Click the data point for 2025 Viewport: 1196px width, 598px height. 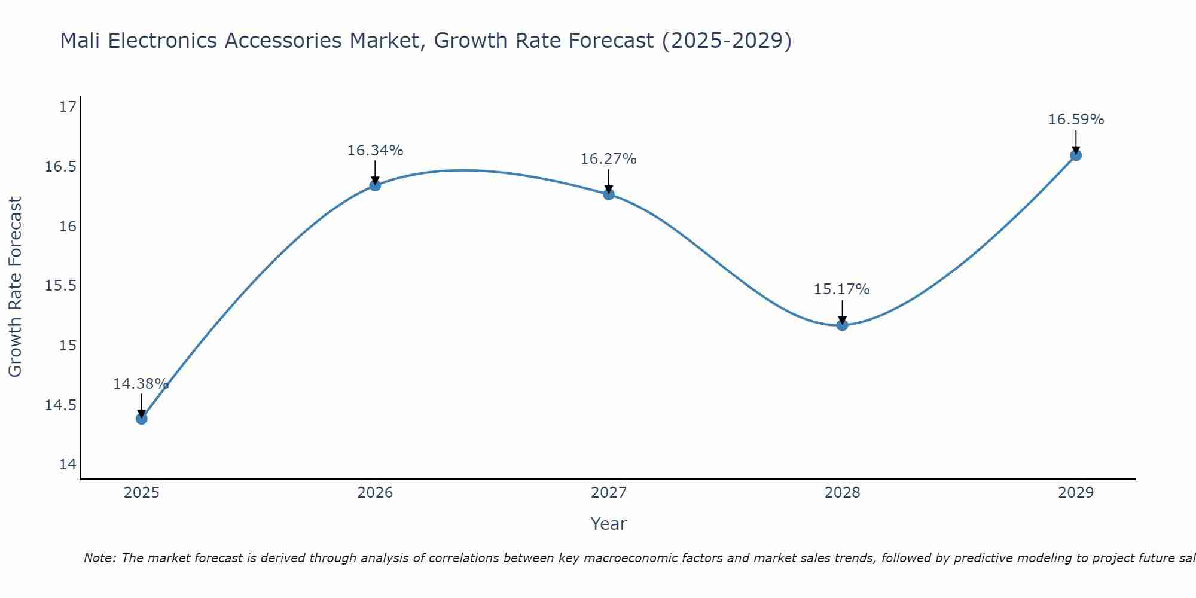pyautogui.click(x=142, y=419)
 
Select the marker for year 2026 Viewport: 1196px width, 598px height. pyautogui.click(x=375, y=185)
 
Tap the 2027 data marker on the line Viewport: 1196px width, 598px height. pyautogui.click(x=609, y=194)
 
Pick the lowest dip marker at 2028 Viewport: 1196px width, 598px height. pyautogui.click(x=842, y=325)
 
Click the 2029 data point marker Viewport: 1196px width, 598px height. pyautogui.click(x=1076, y=155)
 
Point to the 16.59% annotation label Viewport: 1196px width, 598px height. pyautogui.click(x=1076, y=120)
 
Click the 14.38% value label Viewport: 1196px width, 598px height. pyautogui.click(x=141, y=384)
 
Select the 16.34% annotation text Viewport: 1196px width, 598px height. pyautogui.click(x=375, y=151)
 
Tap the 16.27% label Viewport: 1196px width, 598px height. pyautogui.click(x=608, y=159)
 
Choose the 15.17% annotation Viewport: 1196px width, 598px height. pyautogui.click(x=841, y=289)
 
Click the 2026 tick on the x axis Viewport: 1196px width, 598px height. pyautogui.click(x=375, y=493)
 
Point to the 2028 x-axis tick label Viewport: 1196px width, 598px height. pyautogui.click(x=842, y=493)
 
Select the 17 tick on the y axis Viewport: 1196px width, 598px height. pyautogui.click(x=68, y=107)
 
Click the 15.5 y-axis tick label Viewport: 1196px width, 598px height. pyautogui.click(x=61, y=286)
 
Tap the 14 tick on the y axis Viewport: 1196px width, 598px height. pyautogui.click(x=68, y=465)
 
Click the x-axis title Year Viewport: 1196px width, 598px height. pyautogui.click(x=608, y=524)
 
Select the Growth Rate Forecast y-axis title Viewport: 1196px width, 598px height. pyautogui.click(x=15, y=287)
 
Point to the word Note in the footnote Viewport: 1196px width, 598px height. pyautogui.click(x=99, y=558)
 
